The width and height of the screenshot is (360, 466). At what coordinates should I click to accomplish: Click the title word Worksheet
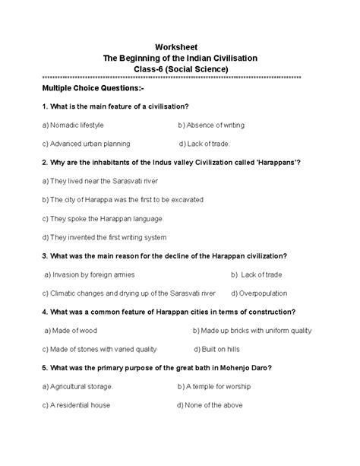tap(179, 46)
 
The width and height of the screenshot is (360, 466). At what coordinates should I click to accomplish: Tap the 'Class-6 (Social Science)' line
tap(179, 68)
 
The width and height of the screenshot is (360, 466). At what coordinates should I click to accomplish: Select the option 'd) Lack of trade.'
tap(205, 143)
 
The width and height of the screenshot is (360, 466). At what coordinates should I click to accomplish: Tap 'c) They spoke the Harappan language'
tap(94, 218)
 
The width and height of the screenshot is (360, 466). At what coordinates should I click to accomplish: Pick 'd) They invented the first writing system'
tap(104, 237)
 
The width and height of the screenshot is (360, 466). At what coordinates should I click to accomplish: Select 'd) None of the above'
tap(210, 405)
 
